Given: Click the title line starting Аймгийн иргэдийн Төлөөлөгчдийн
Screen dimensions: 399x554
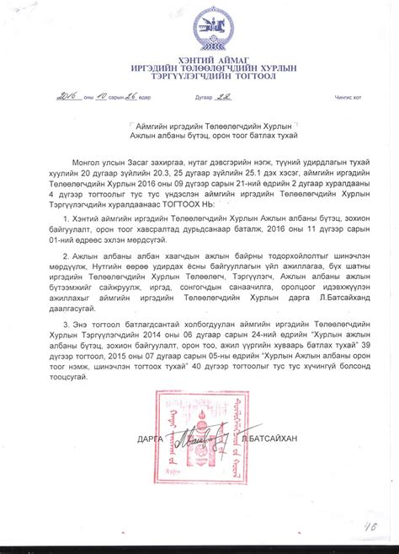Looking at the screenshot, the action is pyautogui.click(x=206, y=123).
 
